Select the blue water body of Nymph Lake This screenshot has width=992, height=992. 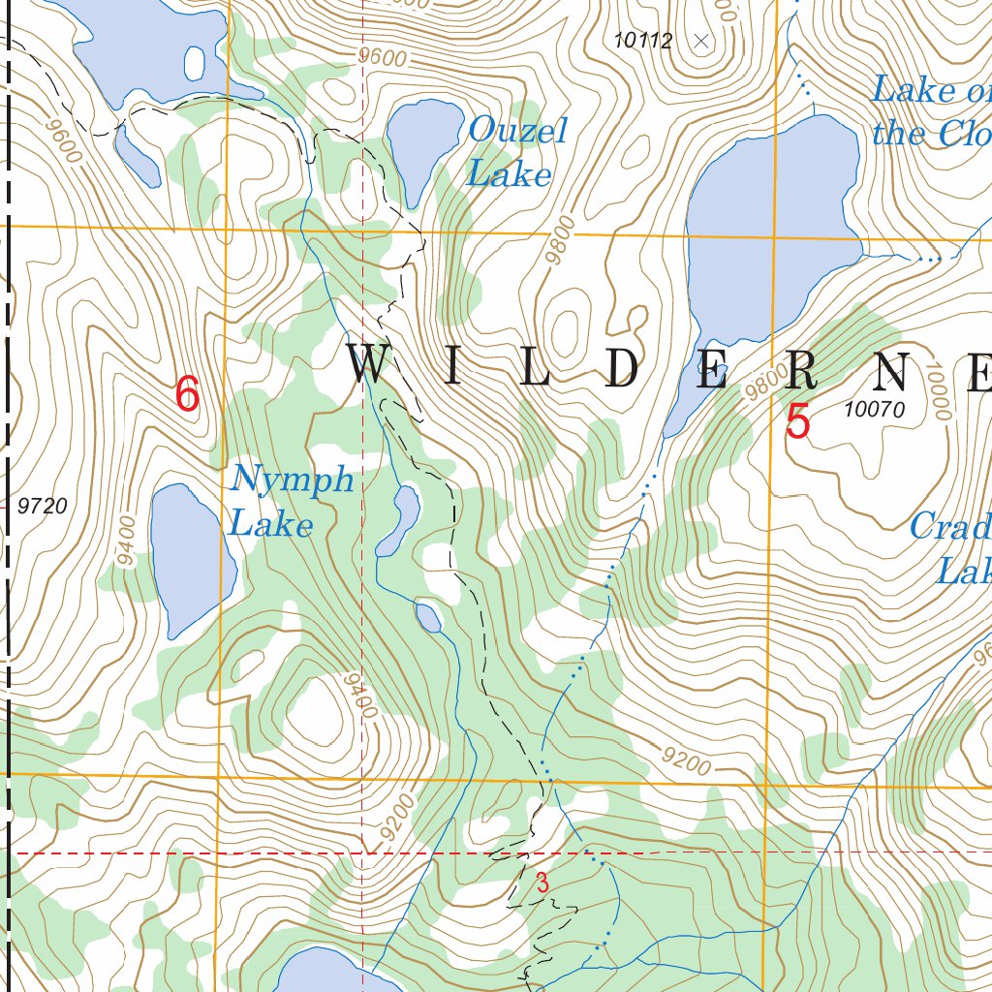tap(190, 557)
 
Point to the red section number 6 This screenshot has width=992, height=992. tap(187, 395)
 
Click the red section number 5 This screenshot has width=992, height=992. tap(797, 422)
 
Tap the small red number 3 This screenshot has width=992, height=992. tap(542, 883)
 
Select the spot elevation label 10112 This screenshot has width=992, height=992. tap(642, 41)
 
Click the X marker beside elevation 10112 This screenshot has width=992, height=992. tap(702, 41)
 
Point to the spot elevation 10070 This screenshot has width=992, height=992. tap(874, 410)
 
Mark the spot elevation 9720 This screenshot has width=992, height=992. tap(43, 505)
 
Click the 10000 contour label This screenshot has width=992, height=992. tap(937, 392)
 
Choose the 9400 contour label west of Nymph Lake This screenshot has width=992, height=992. tap(125, 542)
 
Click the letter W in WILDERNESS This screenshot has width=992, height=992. tap(371, 365)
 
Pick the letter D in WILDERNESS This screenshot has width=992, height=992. tap(621, 365)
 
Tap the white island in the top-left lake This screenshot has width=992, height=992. tap(195, 63)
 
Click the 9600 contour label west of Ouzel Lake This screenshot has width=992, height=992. tap(382, 57)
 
